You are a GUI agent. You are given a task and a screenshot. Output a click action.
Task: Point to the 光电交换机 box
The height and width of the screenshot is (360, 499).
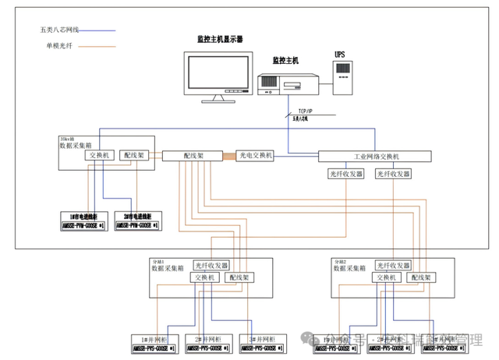click(x=254, y=155)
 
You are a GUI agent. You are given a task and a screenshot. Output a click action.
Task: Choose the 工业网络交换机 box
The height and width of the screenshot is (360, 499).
click(x=375, y=156)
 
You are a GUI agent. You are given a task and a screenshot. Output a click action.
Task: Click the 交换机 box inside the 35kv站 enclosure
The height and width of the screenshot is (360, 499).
click(x=101, y=155)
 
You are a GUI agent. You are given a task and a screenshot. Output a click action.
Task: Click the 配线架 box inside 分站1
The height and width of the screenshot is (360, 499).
click(x=239, y=277)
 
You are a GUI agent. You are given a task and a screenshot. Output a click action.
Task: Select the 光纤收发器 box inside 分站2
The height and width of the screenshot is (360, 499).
click(x=391, y=265)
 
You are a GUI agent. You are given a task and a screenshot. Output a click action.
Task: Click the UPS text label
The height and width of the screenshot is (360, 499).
click(x=339, y=54)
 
